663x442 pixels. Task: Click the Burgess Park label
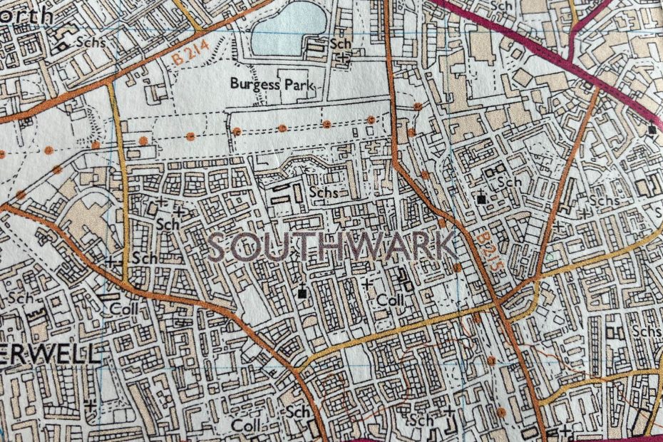point(272,83)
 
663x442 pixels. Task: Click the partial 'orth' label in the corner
point(26,14)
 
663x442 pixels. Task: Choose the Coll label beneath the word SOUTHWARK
point(391,300)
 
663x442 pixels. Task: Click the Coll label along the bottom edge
point(247,425)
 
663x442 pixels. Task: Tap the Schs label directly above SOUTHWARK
point(323,192)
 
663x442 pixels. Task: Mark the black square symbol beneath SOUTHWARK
point(303,292)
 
